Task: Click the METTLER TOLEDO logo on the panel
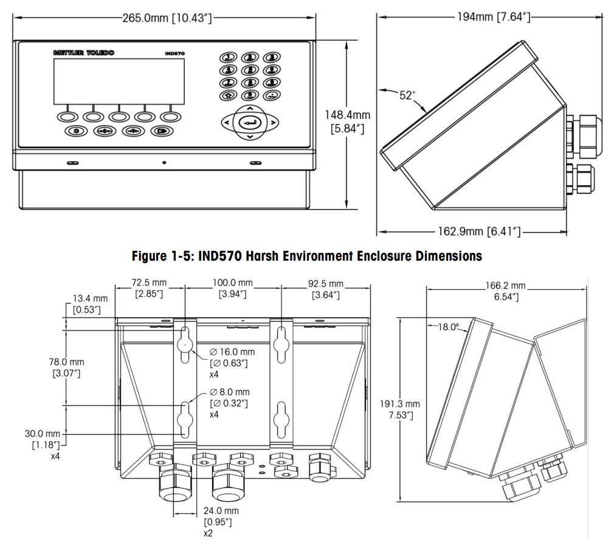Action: point(83,53)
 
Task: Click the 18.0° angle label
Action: point(449,327)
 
